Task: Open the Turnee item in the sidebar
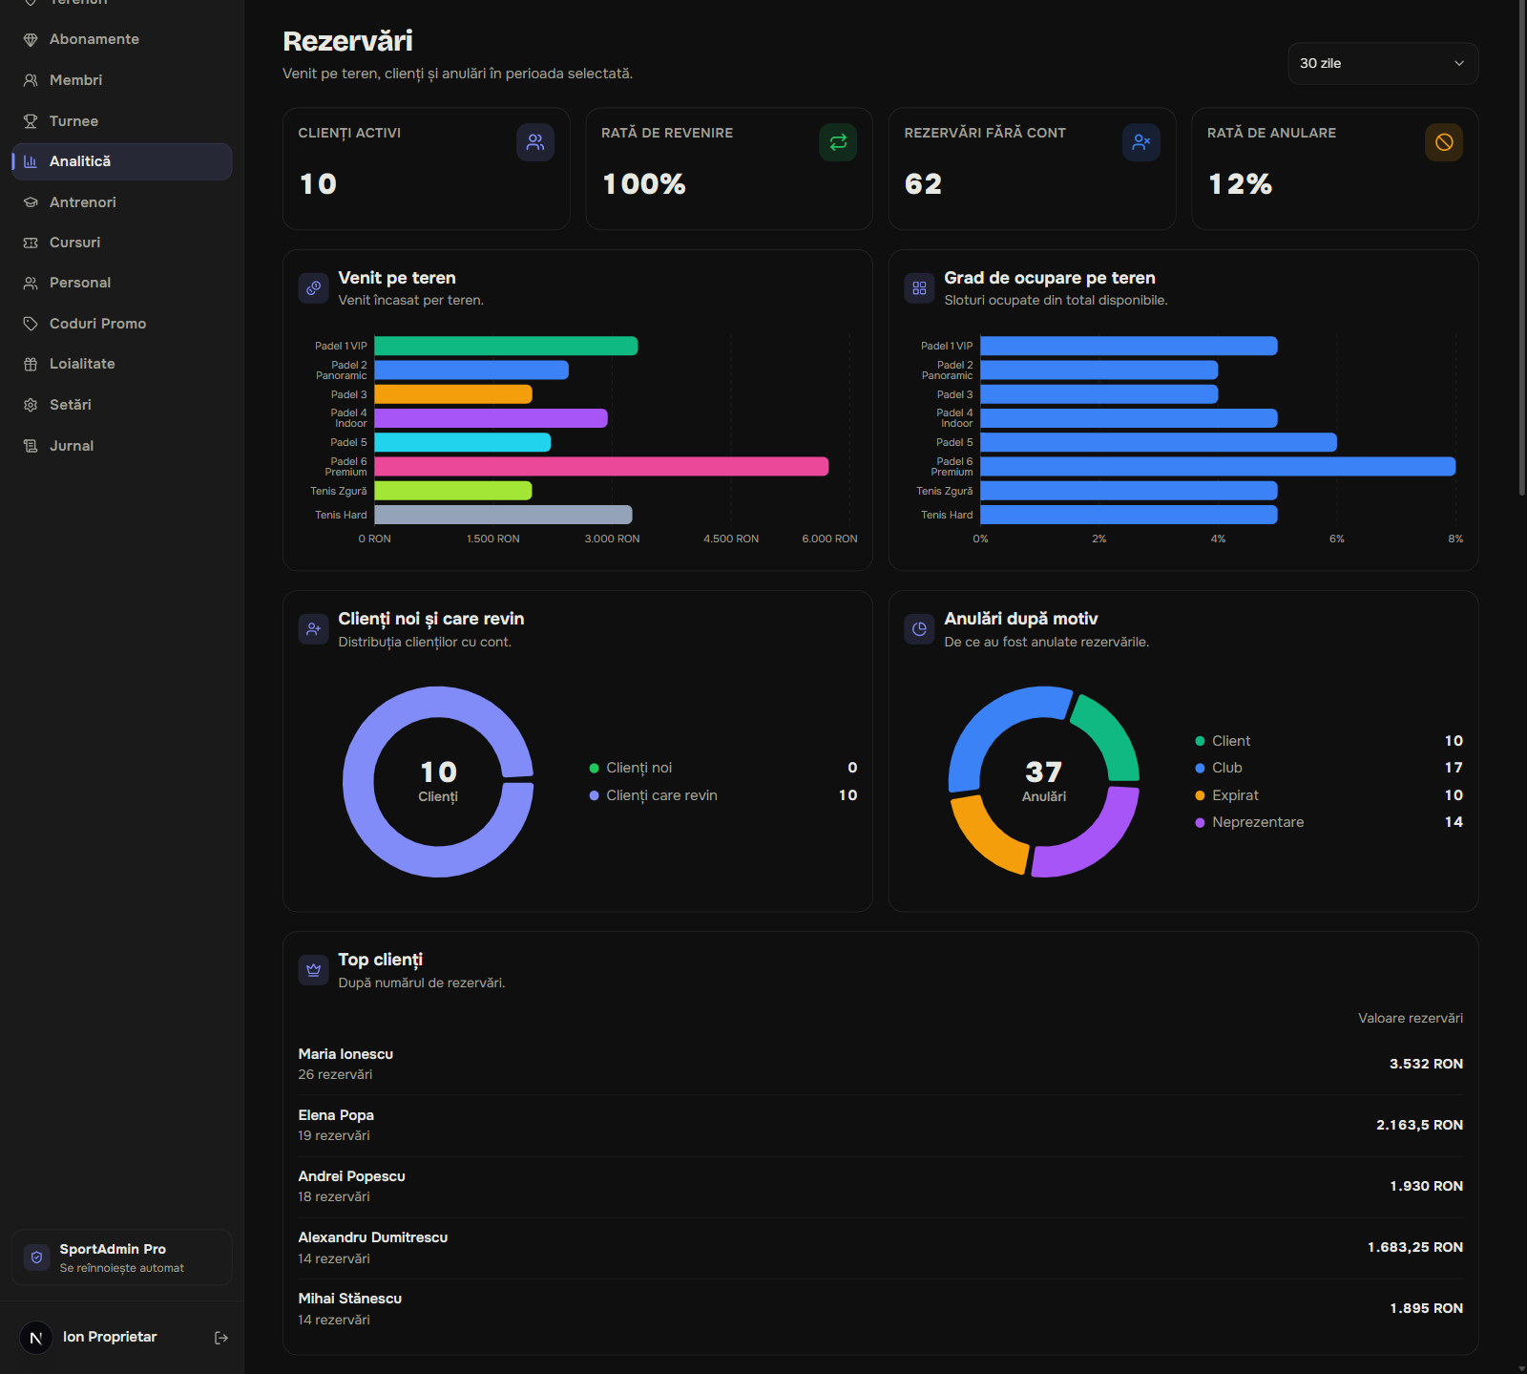[x=73, y=121]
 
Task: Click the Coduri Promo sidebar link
[x=97, y=324]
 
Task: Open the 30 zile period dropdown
[x=1383, y=63]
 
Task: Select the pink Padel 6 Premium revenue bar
[x=601, y=466]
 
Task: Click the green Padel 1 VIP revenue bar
[x=506, y=346]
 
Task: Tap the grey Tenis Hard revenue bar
[x=503, y=515]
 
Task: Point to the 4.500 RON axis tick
[x=731, y=539]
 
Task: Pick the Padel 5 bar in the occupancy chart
[x=1159, y=442]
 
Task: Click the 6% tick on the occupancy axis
[x=1336, y=539]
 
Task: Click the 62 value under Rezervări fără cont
[x=923, y=184]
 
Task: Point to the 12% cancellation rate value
[x=1240, y=184]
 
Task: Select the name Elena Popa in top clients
[x=336, y=1115]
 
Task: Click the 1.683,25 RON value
[x=1414, y=1247]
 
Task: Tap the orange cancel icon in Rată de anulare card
[x=1444, y=142]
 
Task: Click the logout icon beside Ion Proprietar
[x=221, y=1338]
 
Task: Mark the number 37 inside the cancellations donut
[x=1043, y=772]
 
